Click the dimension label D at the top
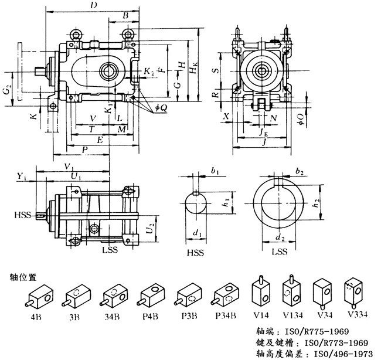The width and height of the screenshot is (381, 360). [93, 5]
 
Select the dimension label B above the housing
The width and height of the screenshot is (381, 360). [124, 15]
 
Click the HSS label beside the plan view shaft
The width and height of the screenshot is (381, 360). [22, 216]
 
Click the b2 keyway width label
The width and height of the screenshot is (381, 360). [299, 172]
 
